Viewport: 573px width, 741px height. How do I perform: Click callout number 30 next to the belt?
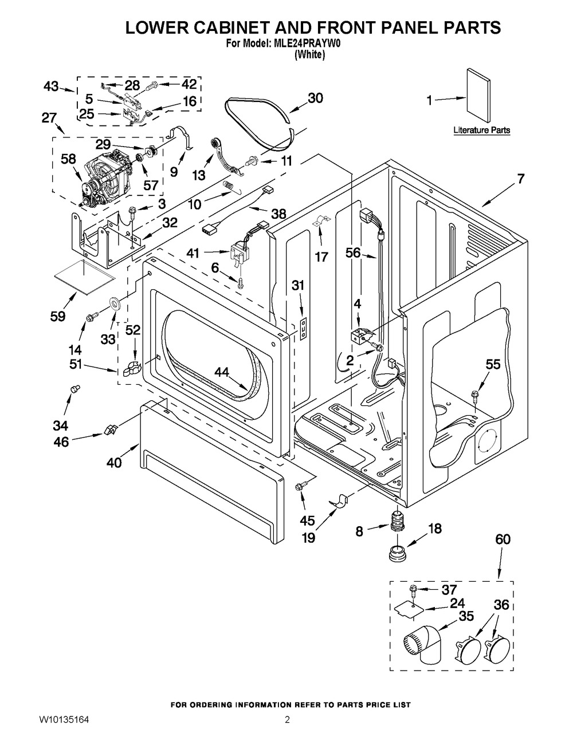[x=315, y=98]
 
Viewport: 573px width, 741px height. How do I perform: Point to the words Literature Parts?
[x=481, y=131]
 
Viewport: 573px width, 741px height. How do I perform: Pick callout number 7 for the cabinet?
[x=520, y=179]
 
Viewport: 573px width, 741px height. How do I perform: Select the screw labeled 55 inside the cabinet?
[x=474, y=395]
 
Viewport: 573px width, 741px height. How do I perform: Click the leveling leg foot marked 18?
[x=396, y=554]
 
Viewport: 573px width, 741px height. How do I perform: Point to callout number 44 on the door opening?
[x=222, y=373]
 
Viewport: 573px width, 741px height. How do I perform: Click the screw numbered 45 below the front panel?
[x=299, y=486]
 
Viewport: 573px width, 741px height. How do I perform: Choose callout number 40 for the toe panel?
[x=114, y=462]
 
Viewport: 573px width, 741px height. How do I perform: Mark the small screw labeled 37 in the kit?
[x=413, y=589]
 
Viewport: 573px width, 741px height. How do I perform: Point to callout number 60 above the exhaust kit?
[x=503, y=539]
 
